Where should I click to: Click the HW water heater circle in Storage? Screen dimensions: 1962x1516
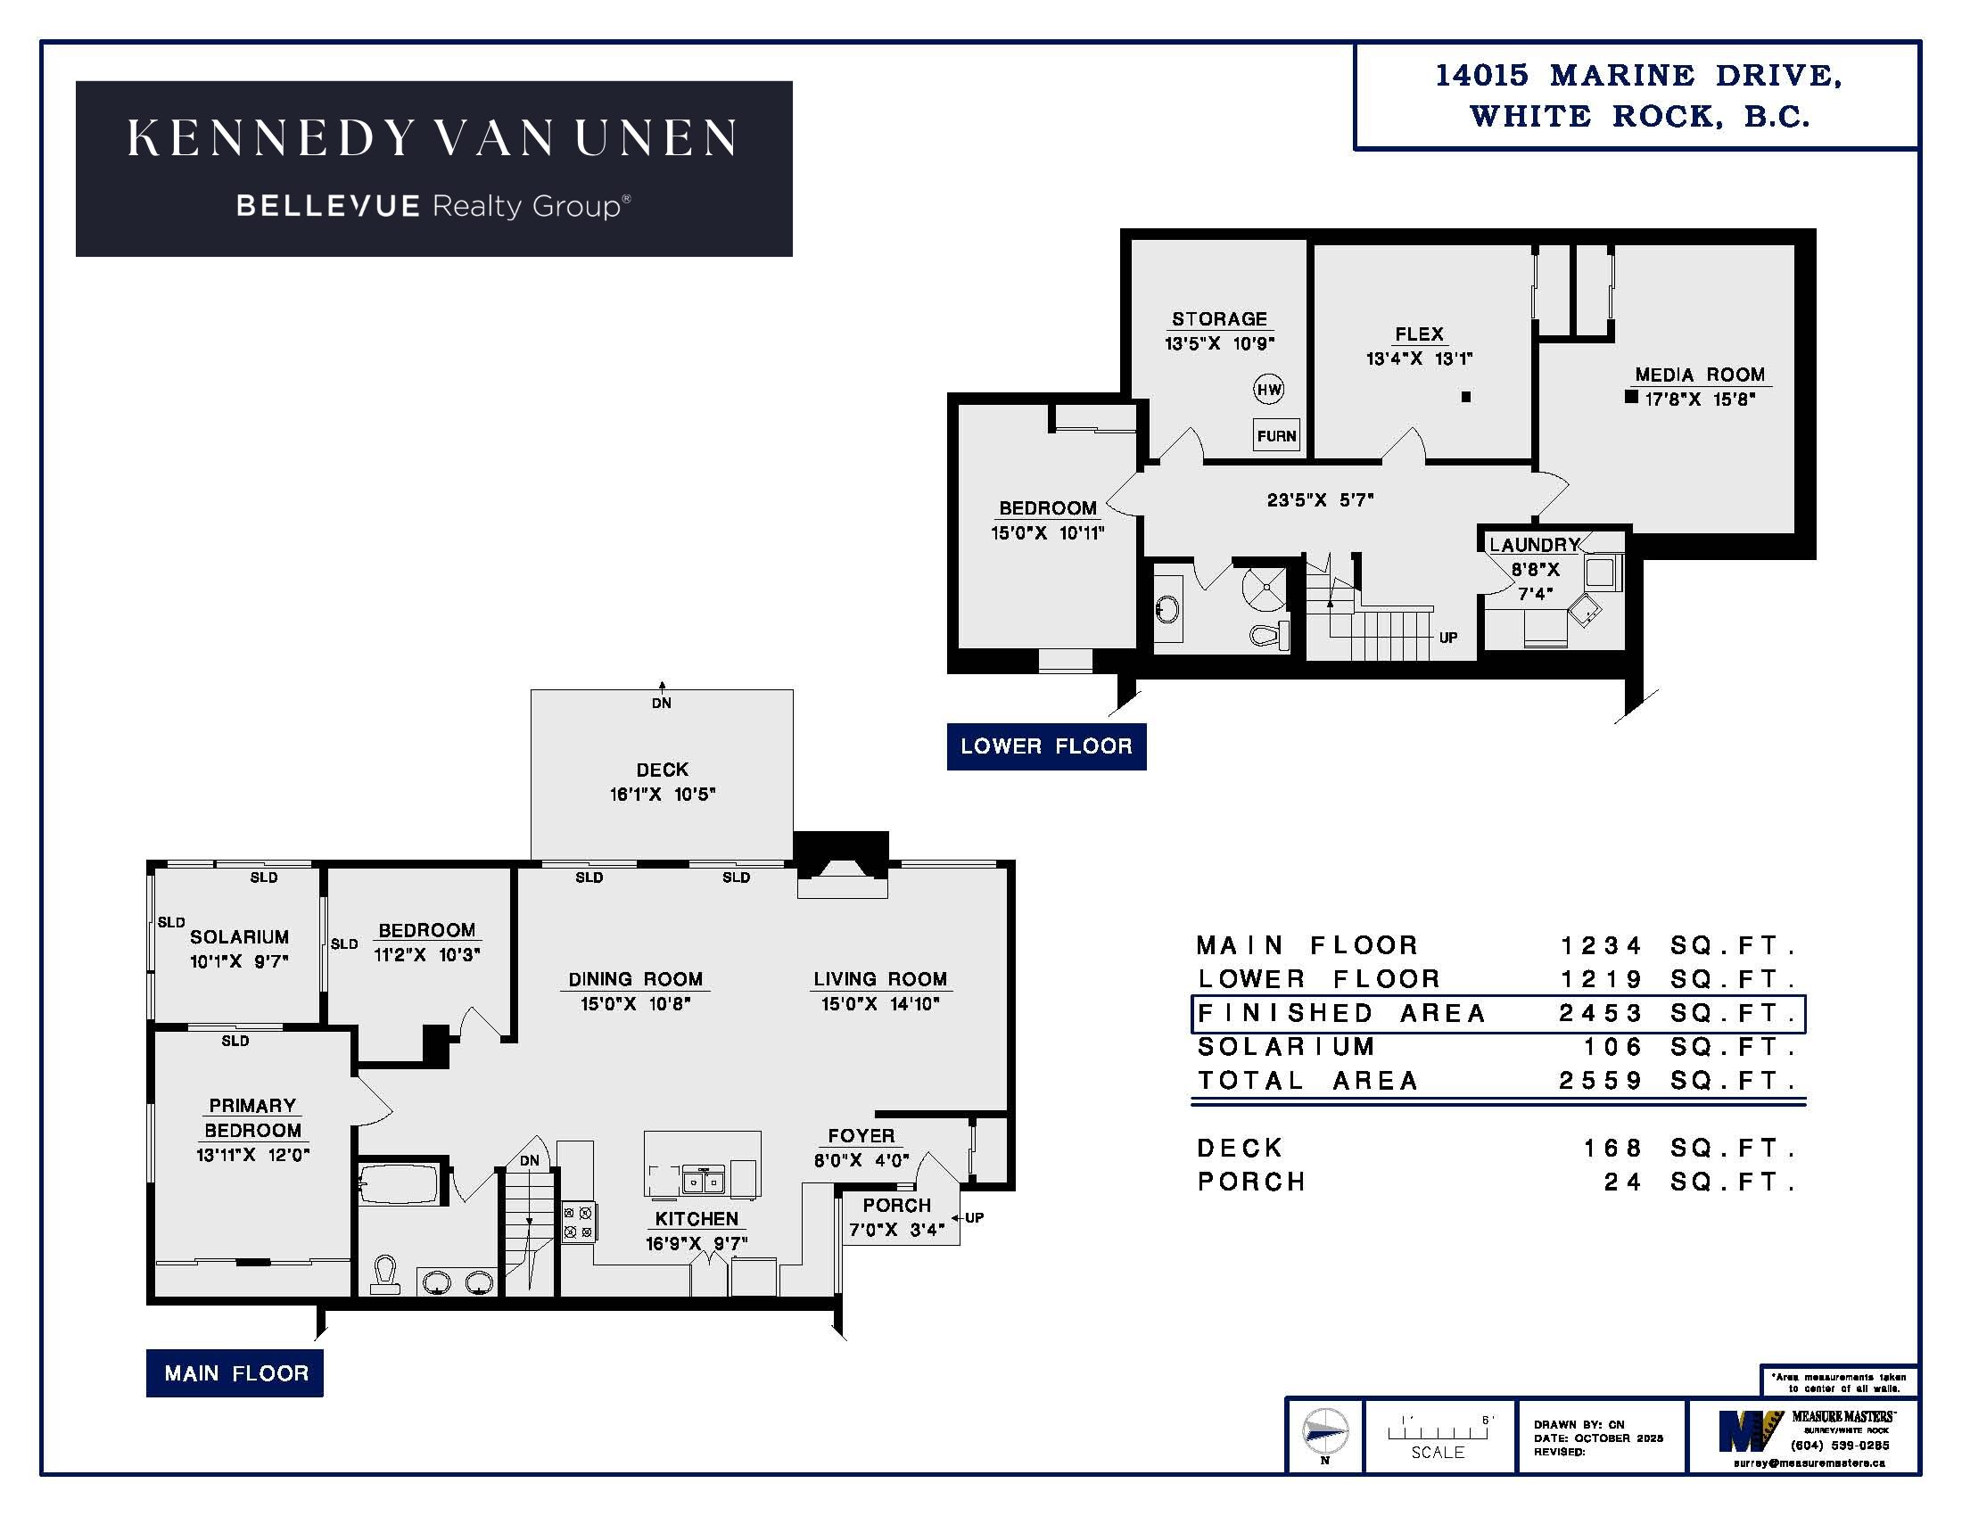[1268, 389]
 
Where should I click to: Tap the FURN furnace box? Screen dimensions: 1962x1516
[1276, 435]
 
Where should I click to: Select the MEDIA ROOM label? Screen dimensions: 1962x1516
[1700, 375]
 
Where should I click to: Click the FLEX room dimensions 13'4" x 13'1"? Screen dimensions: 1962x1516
[1420, 358]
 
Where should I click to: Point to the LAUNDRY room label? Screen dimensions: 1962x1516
[1534, 545]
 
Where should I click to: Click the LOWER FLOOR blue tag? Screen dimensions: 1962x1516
[1047, 746]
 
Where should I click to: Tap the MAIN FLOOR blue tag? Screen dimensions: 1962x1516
[235, 1373]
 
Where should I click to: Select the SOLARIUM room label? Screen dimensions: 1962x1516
[239, 936]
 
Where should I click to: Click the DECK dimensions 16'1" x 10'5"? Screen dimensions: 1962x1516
[663, 794]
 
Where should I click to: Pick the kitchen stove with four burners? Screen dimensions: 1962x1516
[578, 1223]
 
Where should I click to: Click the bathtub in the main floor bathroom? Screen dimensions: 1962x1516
[398, 1184]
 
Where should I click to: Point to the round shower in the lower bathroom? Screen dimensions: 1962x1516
[1265, 589]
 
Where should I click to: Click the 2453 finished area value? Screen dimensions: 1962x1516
[1601, 1013]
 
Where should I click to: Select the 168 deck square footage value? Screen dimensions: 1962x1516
[1612, 1148]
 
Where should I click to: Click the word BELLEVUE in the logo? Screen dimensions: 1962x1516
[328, 207]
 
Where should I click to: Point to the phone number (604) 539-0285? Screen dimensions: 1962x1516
[1840, 1445]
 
